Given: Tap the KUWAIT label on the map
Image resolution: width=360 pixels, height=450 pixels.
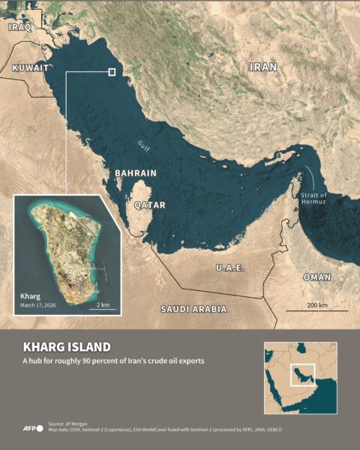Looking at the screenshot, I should pyautogui.click(x=31, y=67).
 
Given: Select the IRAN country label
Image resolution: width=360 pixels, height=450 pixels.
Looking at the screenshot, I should pyautogui.click(x=263, y=67).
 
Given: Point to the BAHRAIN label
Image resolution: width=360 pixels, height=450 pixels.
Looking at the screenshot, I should pyautogui.click(x=136, y=173).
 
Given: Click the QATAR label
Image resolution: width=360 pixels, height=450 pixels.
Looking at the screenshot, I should pyautogui.click(x=149, y=204).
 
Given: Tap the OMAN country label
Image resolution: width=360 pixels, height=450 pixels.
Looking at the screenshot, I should pyautogui.click(x=316, y=277).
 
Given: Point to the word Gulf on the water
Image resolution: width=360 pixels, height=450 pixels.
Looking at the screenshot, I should pyautogui.click(x=144, y=145).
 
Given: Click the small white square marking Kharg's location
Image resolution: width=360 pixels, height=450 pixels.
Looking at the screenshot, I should pyautogui.click(x=112, y=72).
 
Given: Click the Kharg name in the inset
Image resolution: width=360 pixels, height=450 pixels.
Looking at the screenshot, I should pyautogui.click(x=32, y=296).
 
